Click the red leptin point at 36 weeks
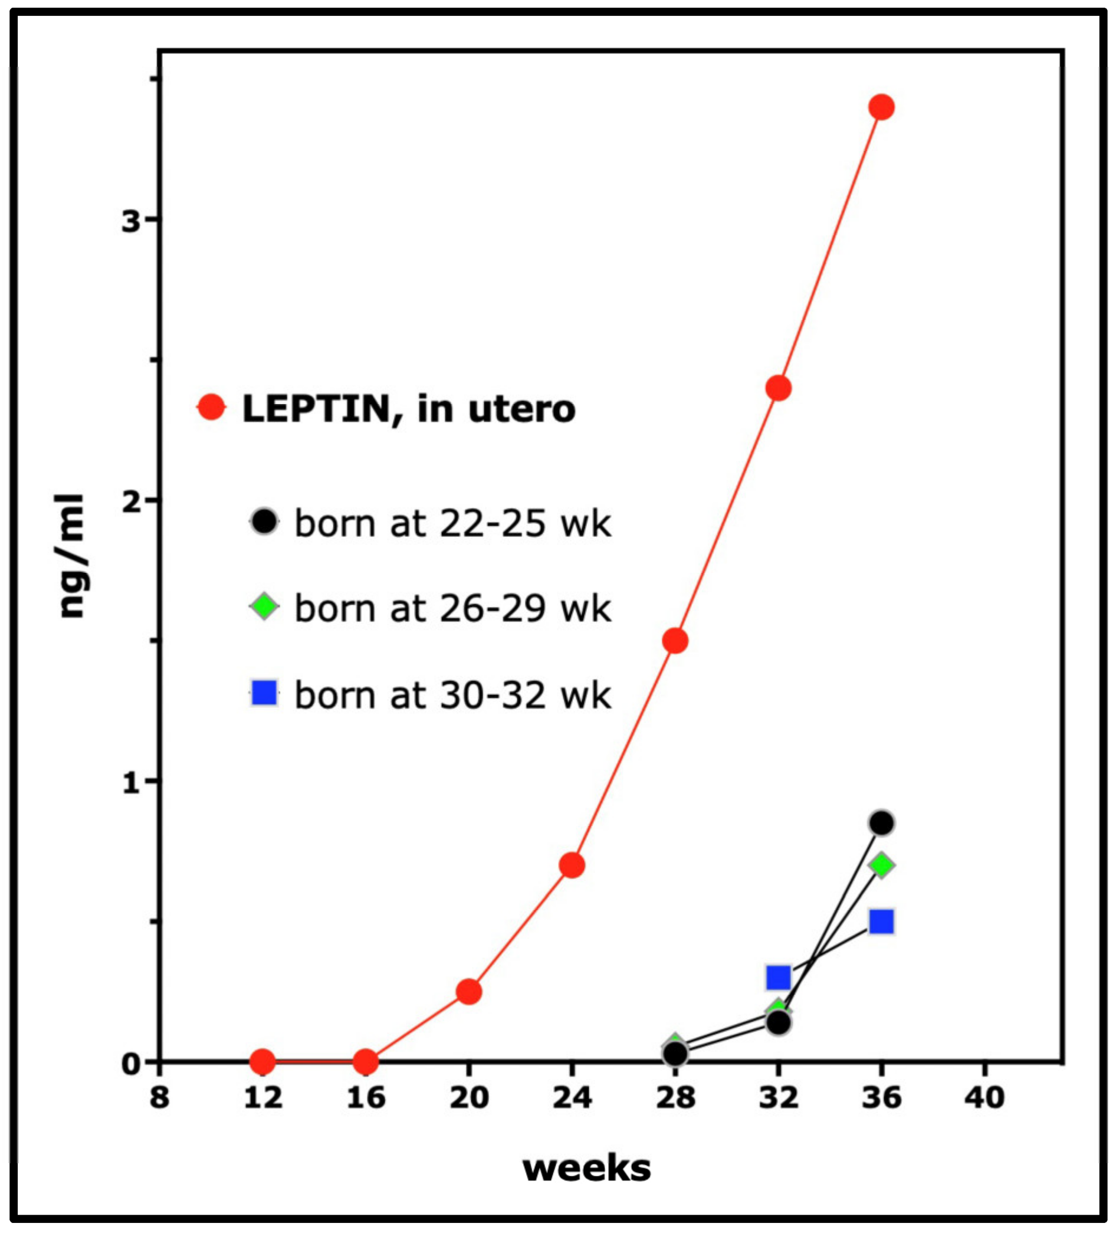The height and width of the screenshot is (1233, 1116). pyautogui.click(x=881, y=107)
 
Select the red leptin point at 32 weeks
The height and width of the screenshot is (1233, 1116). pyautogui.click(x=778, y=388)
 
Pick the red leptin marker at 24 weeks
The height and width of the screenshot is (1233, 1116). pyautogui.click(x=572, y=865)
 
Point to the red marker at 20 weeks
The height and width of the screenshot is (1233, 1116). pyautogui.click(x=469, y=992)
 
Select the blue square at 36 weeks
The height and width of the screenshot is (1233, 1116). pyautogui.click(x=881, y=922)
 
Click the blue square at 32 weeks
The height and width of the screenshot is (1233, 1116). pyautogui.click(x=779, y=978)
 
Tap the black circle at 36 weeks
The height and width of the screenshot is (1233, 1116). pyautogui.click(x=881, y=823)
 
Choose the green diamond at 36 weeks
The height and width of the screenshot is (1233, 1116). pyautogui.click(x=881, y=865)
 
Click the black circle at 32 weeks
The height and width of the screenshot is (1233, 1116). pyautogui.click(x=779, y=1022)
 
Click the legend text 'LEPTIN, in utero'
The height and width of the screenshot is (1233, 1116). pyautogui.click(x=409, y=409)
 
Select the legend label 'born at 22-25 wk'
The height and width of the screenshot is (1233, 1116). pyautogui.click(x=452, y=523)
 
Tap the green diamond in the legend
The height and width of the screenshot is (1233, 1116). pyautogui.click(x=264, y=606)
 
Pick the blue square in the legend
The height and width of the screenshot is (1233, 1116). pyautogui.click(x=264, y=693)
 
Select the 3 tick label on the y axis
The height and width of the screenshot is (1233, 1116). pyautogui.click(x=131, y=220)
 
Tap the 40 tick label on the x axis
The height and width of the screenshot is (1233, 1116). pyautogui.click(x=984, y=1098)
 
